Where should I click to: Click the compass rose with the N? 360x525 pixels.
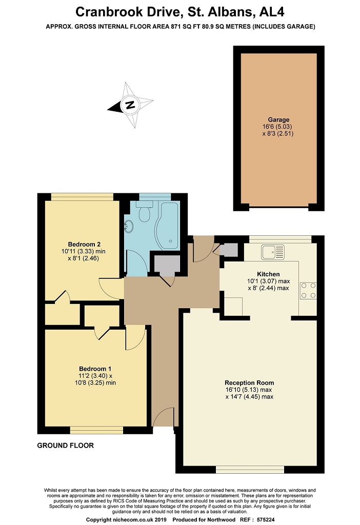point(130,106)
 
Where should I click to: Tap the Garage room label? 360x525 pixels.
point(278,119)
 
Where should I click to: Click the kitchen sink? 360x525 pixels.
point(272,252)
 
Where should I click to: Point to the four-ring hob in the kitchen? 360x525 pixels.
point(308,290)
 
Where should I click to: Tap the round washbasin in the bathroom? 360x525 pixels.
point(128,226)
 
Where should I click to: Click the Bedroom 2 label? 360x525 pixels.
point(84,244)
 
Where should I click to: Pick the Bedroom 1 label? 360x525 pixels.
point(95,369)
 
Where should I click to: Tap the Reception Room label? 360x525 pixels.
point(249,382)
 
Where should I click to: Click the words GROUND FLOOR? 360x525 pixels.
point(65,446)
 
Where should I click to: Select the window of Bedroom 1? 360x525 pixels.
point(96,430)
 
